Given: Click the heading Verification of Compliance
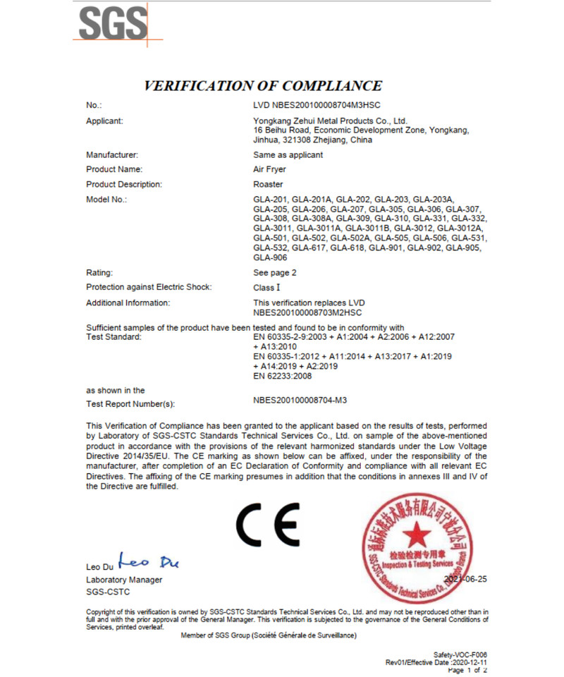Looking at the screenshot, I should click(262, 86).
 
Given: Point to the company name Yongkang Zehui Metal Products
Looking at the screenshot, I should click(330, 121).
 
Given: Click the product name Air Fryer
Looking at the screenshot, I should click(267, 169).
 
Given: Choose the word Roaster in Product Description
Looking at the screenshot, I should click(266, 185).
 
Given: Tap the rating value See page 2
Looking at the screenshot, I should click(274, 272).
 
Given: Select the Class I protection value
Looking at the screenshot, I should click(266, 287).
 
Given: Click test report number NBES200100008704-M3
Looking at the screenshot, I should click(301, 400).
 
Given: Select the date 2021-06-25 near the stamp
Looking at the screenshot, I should click(466, 579).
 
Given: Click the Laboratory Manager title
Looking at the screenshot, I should click(123, 580).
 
